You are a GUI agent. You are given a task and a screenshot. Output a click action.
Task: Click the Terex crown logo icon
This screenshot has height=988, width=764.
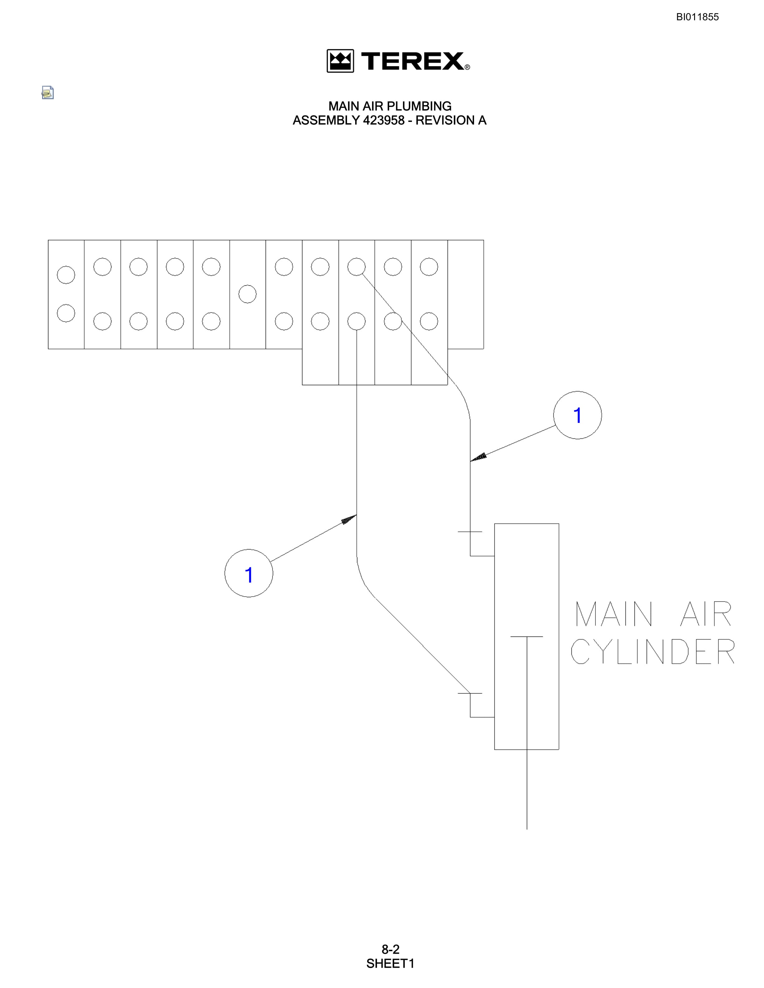[340, 61]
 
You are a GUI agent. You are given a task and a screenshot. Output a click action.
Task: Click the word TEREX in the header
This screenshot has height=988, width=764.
[413, 61]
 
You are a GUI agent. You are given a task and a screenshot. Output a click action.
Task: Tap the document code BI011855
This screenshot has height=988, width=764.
[698, 17]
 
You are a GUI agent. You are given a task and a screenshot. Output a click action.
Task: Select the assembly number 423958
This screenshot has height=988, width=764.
[383, 120]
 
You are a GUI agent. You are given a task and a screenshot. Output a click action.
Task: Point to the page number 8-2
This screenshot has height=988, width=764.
[390, 949]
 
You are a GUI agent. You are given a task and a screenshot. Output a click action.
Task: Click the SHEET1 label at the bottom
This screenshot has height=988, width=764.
[390, 964]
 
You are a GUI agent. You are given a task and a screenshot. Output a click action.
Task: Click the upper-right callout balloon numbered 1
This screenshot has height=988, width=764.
[578, 415]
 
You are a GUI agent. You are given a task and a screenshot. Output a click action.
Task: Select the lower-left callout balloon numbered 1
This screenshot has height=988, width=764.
[249, 573]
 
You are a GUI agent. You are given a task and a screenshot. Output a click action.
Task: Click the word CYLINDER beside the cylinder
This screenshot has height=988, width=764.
[653, 651]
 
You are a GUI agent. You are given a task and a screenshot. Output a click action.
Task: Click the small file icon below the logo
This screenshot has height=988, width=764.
[47, 93]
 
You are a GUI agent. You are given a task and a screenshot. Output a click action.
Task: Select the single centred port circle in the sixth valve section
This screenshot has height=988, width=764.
[247, 294]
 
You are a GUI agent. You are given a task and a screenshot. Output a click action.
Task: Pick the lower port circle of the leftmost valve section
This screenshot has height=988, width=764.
[66, 313]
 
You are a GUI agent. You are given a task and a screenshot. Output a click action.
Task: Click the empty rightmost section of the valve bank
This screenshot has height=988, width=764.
[466, 294]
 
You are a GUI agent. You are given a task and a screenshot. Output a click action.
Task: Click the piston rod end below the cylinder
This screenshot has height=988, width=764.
[527, 829]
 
